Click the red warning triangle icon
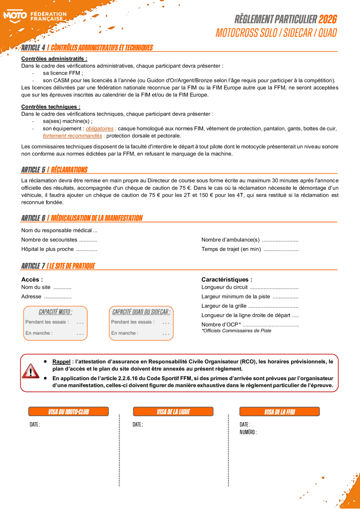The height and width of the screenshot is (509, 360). pyautogui.click(x=30, y=371)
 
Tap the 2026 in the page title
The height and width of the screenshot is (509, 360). pyautogui.click(x=327, y=19)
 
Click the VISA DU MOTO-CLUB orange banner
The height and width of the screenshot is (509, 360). pyautogui.click(x=69, y=412)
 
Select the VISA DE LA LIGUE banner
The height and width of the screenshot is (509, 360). pyautogui.click(x=173, y=412)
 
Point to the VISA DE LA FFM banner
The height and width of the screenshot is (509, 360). pyautogui.click(x=279, y=412)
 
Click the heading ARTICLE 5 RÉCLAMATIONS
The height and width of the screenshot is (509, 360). pyautogui.click(x=54, y=170)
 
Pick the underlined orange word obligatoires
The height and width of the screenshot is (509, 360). pyautogui.click(x=100, y=128)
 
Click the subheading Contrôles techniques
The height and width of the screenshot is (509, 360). pyautogui.click(x=51, y=106)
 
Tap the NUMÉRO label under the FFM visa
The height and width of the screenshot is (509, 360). pyautogui.click(x=248, y=432)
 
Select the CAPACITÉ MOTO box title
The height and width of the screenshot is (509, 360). pyautogui.click(x=55, y=312)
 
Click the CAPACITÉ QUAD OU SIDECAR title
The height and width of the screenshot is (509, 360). pyautogui.click(x=141, y=312)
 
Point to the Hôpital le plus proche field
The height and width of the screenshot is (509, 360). pyautogui.click(x=59, y=249)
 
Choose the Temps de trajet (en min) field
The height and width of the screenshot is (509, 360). pyautogui.click(x=250, y=249)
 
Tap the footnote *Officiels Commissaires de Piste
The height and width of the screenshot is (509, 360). pyautogui.click(x=236, y=330)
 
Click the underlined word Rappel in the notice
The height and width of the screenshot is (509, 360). pyautogui.click(x=61, y=362)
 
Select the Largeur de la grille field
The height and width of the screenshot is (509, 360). pyautogui.click(x=250, y=306)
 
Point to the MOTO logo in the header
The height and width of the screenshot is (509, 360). pyautogui.click(x=15, y=16)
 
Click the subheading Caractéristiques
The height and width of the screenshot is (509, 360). pyautogui.click(x=226, y=280)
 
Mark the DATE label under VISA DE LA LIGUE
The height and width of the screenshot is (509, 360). pyautogui.click(x=137, y=425)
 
